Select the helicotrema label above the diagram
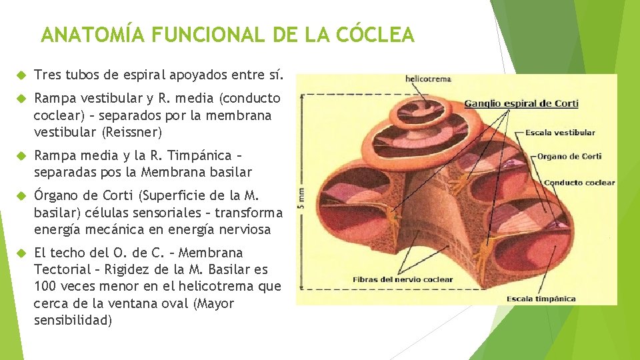pos(429,79)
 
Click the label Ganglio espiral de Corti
pos(521,103)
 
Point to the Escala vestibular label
pos(560,133)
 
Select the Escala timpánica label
pos(541,299)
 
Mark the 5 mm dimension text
pos(301,197)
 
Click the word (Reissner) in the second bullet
pos(132,132)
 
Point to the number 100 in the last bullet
pos(46,287)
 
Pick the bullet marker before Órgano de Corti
pos(20,196)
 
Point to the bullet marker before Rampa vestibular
pos(20,99)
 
